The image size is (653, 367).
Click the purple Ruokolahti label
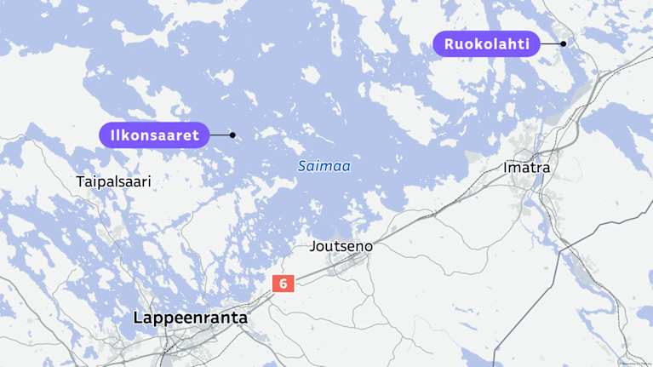(x=487, y=43)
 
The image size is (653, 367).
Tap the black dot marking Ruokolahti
(x=563, y=43)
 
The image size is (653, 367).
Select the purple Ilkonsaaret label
(x=153, y=135)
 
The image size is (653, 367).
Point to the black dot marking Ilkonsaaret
(x=232, y=135)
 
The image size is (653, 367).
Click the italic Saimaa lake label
(x=324, y=167)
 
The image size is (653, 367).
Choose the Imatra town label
(x=526, y=168)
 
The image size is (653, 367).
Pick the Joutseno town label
(x=341, y=246)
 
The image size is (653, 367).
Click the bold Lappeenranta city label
(x=190, y=318)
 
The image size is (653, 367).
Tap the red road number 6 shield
(x=283, y=284)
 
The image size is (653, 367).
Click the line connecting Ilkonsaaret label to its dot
(x=219, y=135)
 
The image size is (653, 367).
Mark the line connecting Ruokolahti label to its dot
(x=550, y=43)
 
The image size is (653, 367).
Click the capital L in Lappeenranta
(x=138, y=318)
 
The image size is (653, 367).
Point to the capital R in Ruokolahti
(x=449, y=43)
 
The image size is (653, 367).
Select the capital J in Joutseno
(x=314, y=246)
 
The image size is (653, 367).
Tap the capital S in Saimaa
(x=301, y=167)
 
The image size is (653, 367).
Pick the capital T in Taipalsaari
(x=80, y=182)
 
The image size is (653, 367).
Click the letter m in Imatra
(x=514, y=169)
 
